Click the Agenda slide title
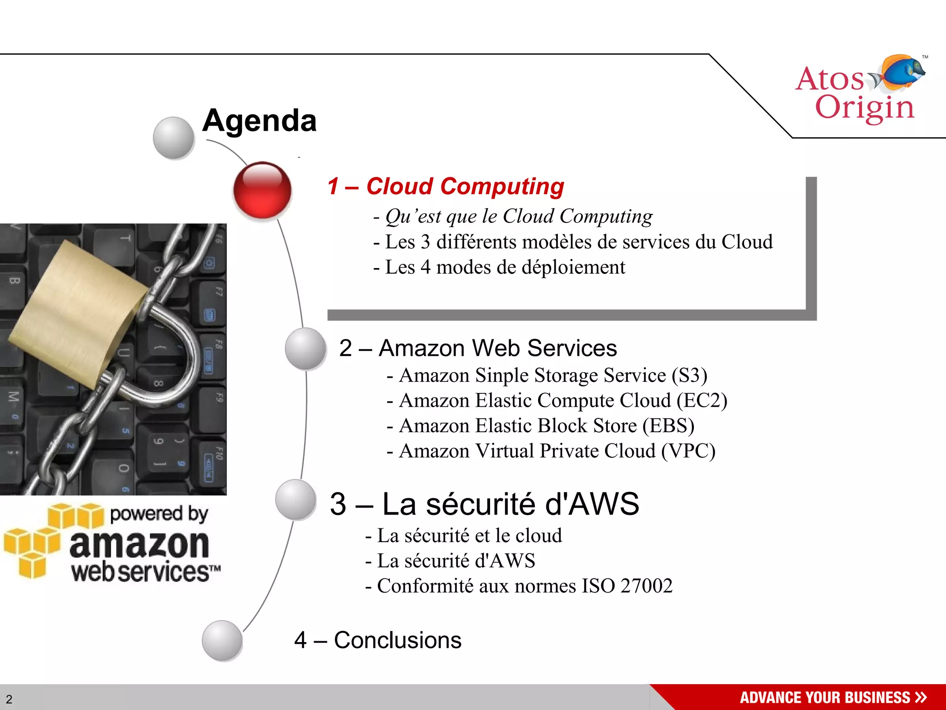pyautogui.click(x=260, y=121)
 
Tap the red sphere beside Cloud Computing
pyautogui.click(x=262, y=190)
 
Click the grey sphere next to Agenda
pyautogui.click(x=173, y=138)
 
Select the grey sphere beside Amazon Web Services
pyautogui.click(x=305, y=349)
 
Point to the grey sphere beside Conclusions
pyautogui.click(x=222, y=640)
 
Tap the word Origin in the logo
pyautogui.click(x=864, y=107)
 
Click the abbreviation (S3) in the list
pyautogui.click(x=689, y=375)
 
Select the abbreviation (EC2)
pyautogui.click(x=702, y=400)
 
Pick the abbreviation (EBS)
pyautogui.click(x=668, y=426)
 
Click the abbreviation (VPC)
pyautogui.click(x=688, y=451)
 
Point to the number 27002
pyautogui.click(x=646, y=586)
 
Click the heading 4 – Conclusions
pyautogui.click(x=378, y=640)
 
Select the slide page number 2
pyautogui.click(x=9, y=699)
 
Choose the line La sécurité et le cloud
pyautogui.click(x=463, y=536)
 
